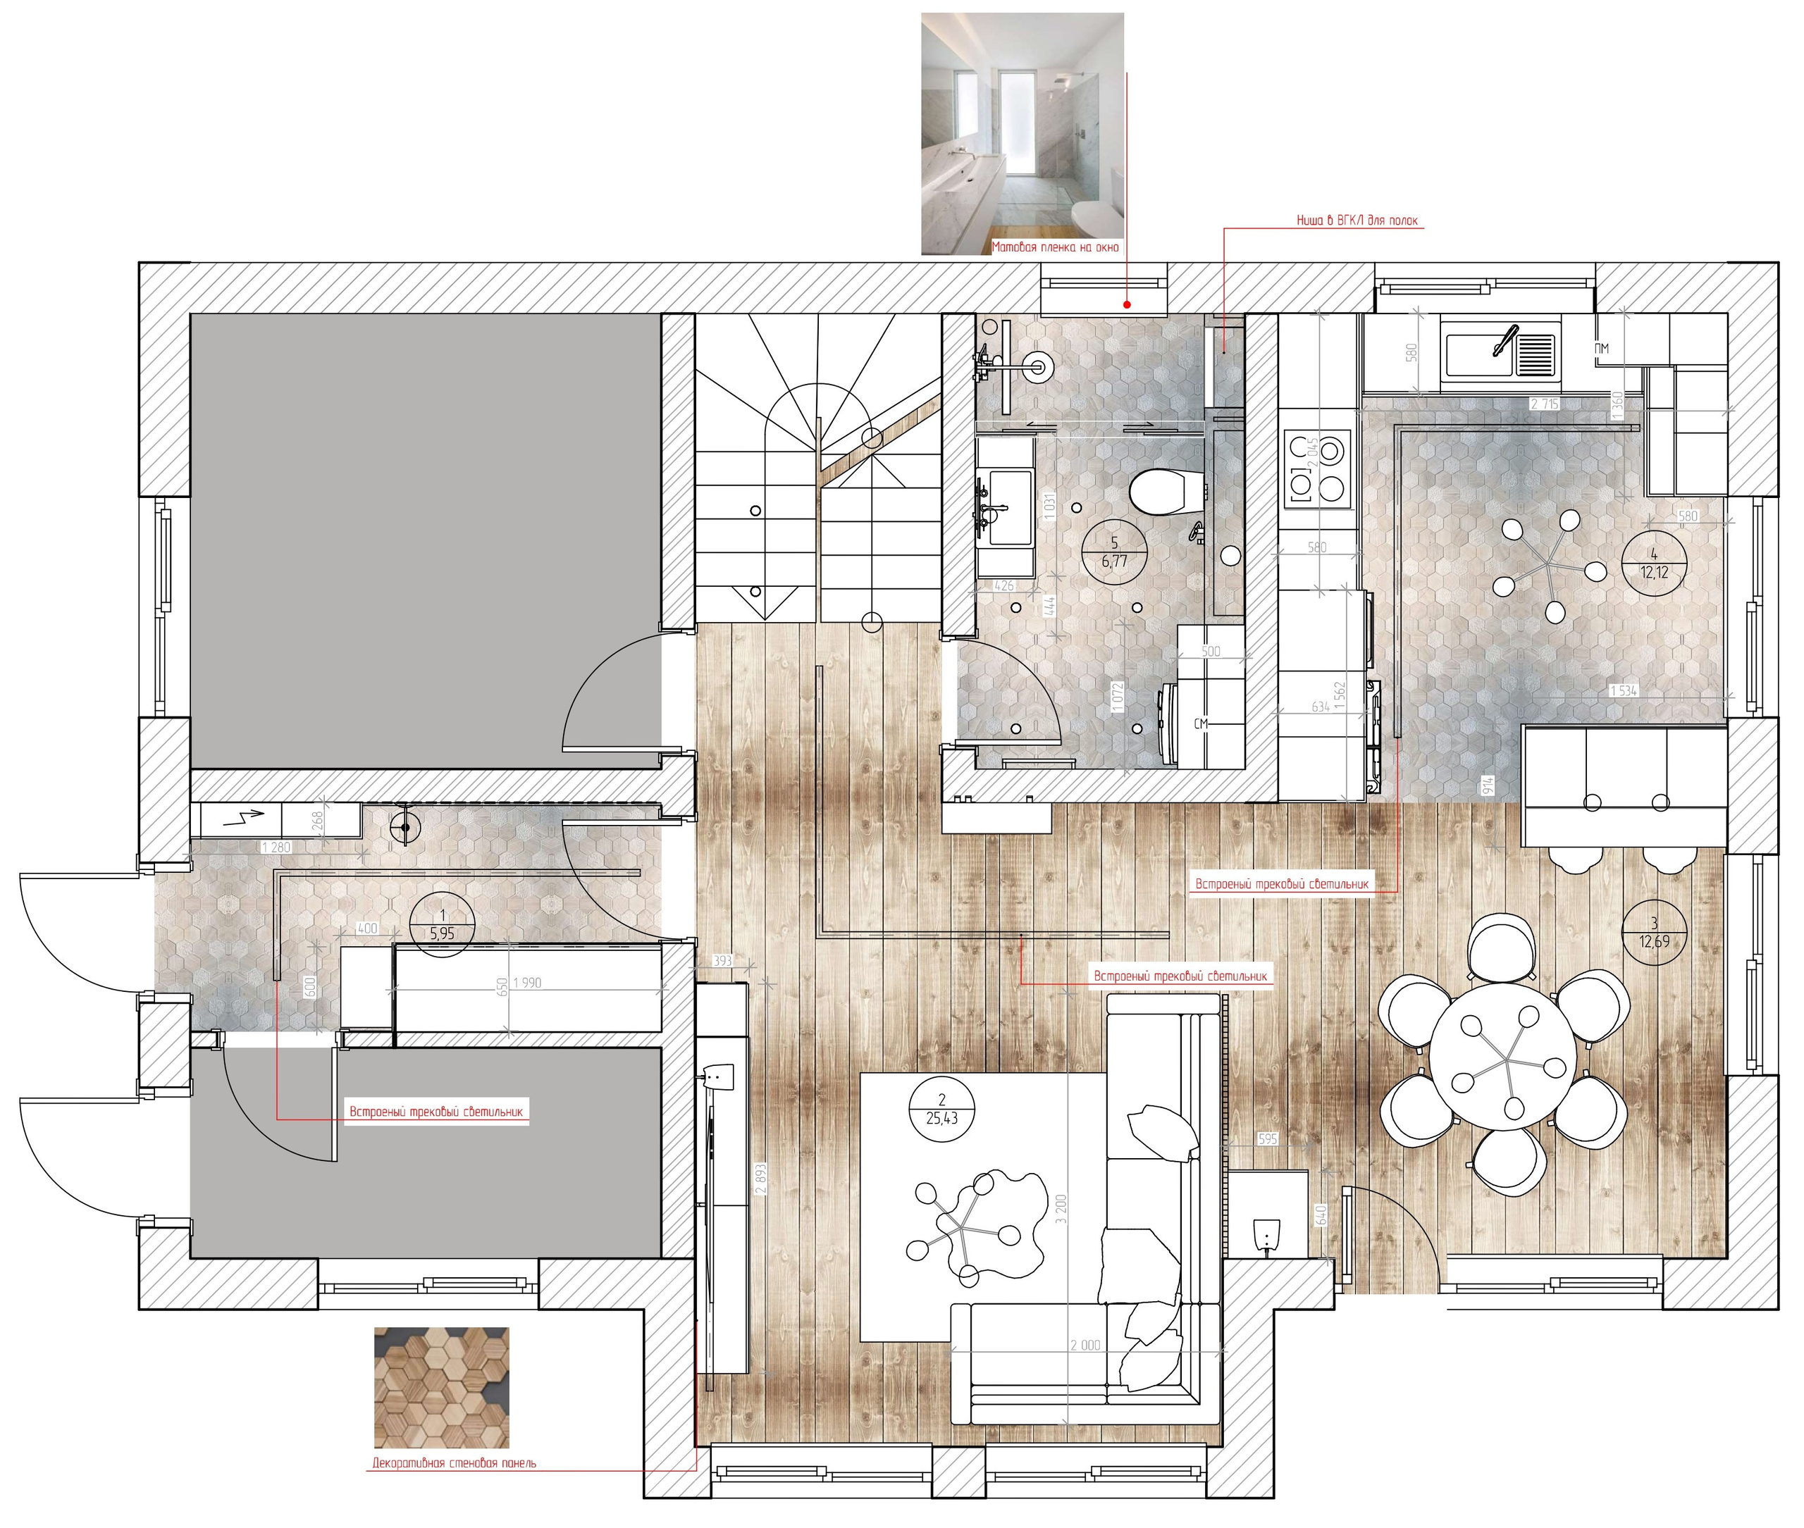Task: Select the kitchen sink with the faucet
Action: pos(1500,350)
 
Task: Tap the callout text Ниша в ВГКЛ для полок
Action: pos(1356,221)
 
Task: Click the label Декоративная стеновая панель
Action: pos(454,1463)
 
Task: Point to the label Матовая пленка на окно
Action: pos(1054,247)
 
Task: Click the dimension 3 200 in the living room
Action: pos(1061,1208)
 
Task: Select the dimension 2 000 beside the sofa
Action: pos(1085,1346)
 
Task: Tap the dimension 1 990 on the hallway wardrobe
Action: pos(527,983)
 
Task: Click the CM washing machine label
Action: pos(1200,723)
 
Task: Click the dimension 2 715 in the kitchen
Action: pos(1544,404)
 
